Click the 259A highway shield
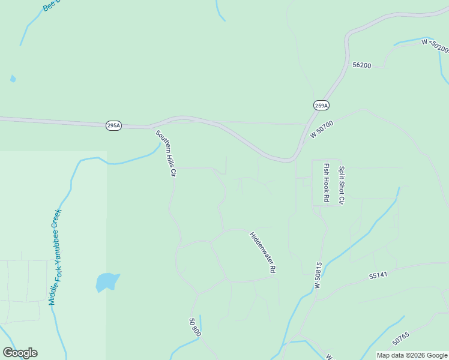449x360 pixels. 321,106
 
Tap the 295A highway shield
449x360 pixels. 113,125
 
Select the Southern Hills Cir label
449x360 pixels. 165,154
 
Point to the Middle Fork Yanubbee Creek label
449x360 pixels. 56,257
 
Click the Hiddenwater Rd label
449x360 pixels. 262,253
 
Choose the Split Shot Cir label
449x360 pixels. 341,185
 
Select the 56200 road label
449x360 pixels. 362,65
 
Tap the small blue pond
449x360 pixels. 106,281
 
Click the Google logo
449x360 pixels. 20,353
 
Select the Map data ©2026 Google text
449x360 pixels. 412,355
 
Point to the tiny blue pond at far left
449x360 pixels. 13,79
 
